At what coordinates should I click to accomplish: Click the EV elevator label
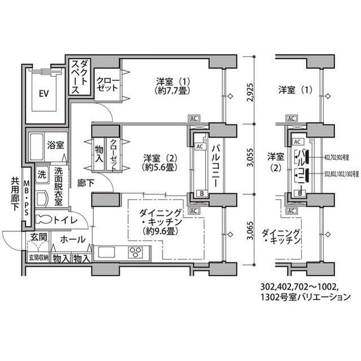pos(42,94)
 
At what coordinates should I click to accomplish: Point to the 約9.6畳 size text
pos(159,231)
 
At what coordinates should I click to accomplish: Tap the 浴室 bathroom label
pos(55,144)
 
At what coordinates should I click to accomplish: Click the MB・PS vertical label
pos(26,198)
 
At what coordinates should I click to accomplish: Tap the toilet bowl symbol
pos(43,220)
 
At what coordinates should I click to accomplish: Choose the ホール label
pos(72,240)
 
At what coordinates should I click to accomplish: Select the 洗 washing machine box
pos(41,174)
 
